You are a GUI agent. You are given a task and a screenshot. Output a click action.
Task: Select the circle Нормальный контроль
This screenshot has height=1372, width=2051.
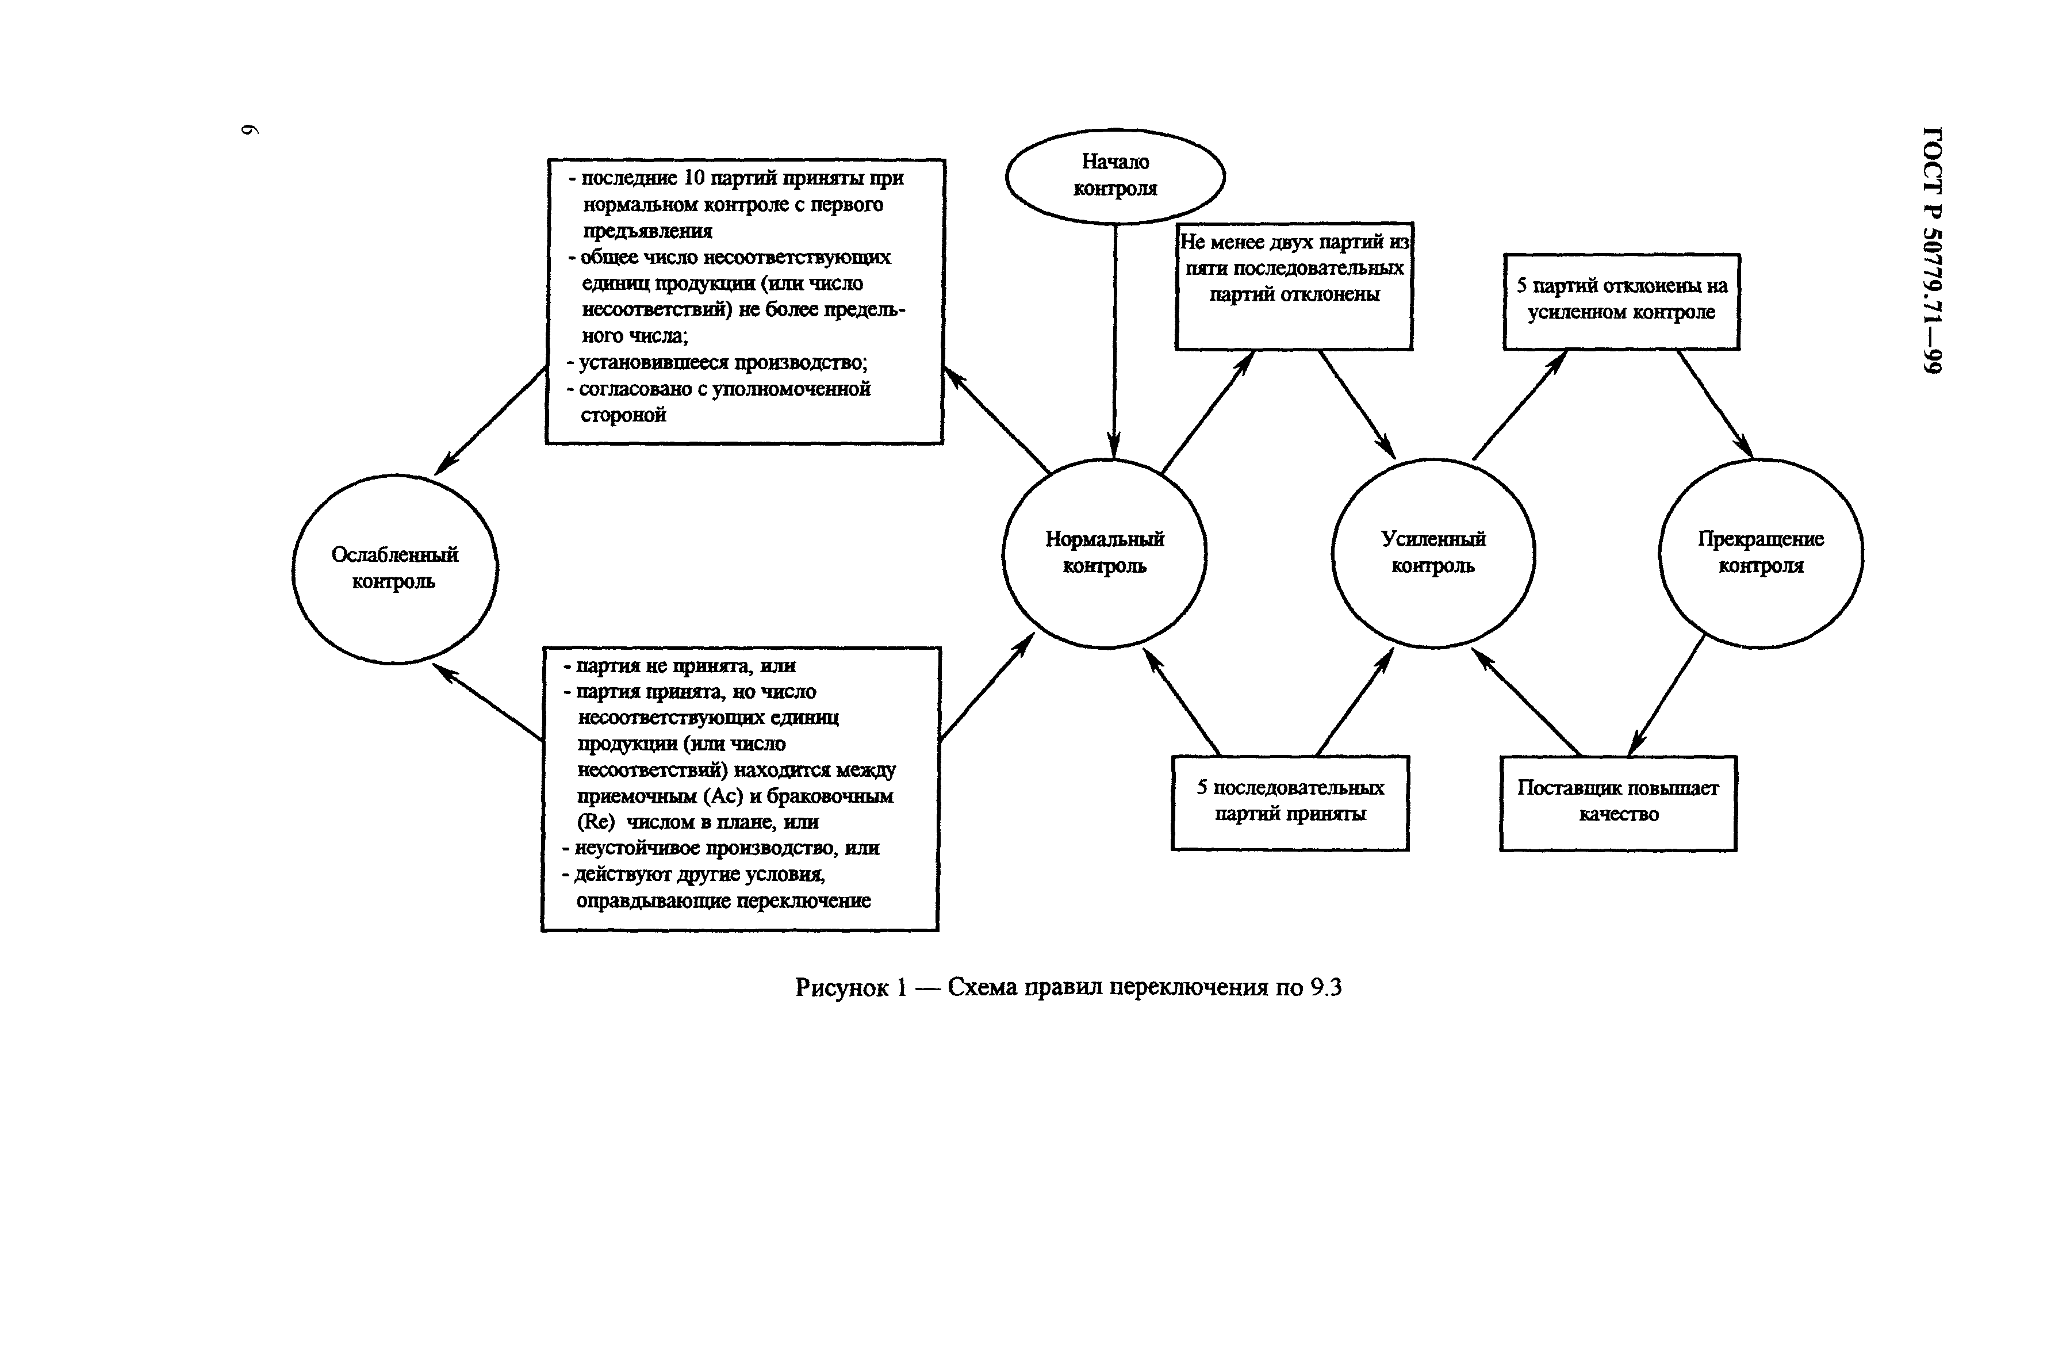pos(1104,553)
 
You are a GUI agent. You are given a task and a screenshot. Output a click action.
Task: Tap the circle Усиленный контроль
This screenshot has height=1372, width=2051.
pos(1433,553)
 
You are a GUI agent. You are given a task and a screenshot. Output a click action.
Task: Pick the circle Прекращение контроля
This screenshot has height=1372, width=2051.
pos(1761,553)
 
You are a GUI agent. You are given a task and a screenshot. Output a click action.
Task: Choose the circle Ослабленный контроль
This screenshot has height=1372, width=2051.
pos(394,569)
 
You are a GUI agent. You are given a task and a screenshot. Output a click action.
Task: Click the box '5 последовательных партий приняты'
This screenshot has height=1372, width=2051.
pos(1290,802)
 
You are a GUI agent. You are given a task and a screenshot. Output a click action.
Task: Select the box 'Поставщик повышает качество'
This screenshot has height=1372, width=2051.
pos(1618,802)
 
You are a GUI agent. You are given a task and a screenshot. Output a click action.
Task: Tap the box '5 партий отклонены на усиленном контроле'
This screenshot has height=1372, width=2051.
pos(1621,300)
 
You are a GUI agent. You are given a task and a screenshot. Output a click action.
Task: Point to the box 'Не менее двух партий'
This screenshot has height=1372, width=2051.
pos(1293,285)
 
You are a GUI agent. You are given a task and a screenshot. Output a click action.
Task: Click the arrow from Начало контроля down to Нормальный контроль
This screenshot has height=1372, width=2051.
pos(1115,341)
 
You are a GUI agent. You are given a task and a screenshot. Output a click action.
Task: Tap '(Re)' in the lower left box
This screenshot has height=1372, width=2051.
pos(596,822)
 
